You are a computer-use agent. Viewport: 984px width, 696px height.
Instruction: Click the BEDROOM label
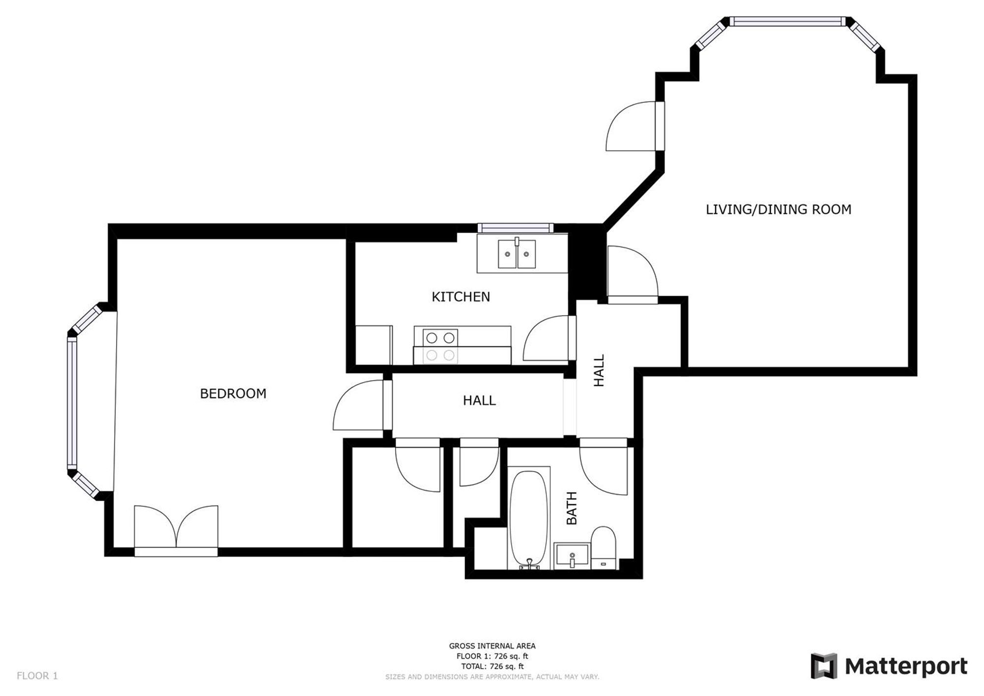tap(233, 393)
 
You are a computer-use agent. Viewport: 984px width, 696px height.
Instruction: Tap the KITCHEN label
tap(461, 297)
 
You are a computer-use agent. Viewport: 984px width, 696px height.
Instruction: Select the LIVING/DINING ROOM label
tap(778, 210)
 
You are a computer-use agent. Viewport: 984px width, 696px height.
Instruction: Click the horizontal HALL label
tap(479, 400)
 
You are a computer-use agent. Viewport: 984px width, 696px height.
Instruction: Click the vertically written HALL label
tap(599, 370)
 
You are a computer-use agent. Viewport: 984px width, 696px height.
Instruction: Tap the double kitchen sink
tap(517, 254)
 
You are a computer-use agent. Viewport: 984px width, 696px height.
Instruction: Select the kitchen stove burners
tap(440, 346)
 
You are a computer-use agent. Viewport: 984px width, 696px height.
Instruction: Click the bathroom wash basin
tap(571, 555)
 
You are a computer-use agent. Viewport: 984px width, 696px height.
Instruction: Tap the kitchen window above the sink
tap(515, 228)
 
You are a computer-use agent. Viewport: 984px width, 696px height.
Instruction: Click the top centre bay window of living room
tap(787, 21)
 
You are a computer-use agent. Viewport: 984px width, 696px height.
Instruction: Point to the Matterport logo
tap(889, 666)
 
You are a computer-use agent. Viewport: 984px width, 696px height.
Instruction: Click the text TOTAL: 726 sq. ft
tap(492, 666)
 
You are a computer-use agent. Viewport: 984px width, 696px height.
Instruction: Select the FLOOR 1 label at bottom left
tap(37, 676)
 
